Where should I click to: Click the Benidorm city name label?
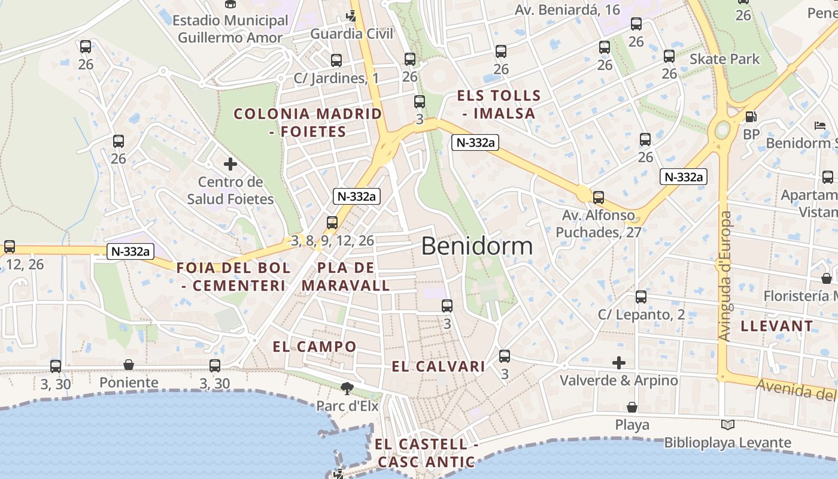pyautogui.click(x=476, y=246)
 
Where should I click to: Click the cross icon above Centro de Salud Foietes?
pyautogui.click(x=230, y=164)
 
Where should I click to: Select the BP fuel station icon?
pyautogui.click(x=751, y=117)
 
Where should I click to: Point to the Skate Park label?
pyautogui.click(x=724, y=59)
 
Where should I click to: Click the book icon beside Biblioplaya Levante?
pyautogui.click(x=727, y=425)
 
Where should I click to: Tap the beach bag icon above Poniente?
pyautogui.click(x=129, y=365)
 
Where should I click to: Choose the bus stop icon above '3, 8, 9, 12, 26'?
pyautogui.click(x=332, y=223)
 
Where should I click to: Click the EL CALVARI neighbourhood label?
pyautogui.click(x=438, y=367)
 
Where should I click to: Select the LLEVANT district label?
pyautogui.click(x=777, y=326)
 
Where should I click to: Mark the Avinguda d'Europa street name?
pyautogui.click(x=725, y=277)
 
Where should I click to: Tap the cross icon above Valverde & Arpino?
pyautogui.click(x=619, y=363)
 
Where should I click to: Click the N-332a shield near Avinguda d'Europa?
pyautogui.click(x=684, y=177)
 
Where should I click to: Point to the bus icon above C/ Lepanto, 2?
pyautogui.click(x=641, y=297)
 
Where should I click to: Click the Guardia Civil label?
pyautogui.click(x=352, y=34)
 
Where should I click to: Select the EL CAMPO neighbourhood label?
pyautogui.click(x=314, y=347)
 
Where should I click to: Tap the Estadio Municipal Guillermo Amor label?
pyautogui.click(x=230, y=29)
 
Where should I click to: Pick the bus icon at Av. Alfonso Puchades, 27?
pyautogui.click(x=598, y=198)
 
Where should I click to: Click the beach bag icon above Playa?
pyautogui.click(x=632, y=408)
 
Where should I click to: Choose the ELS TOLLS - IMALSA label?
pyautogui.click(x=499, y=104)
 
